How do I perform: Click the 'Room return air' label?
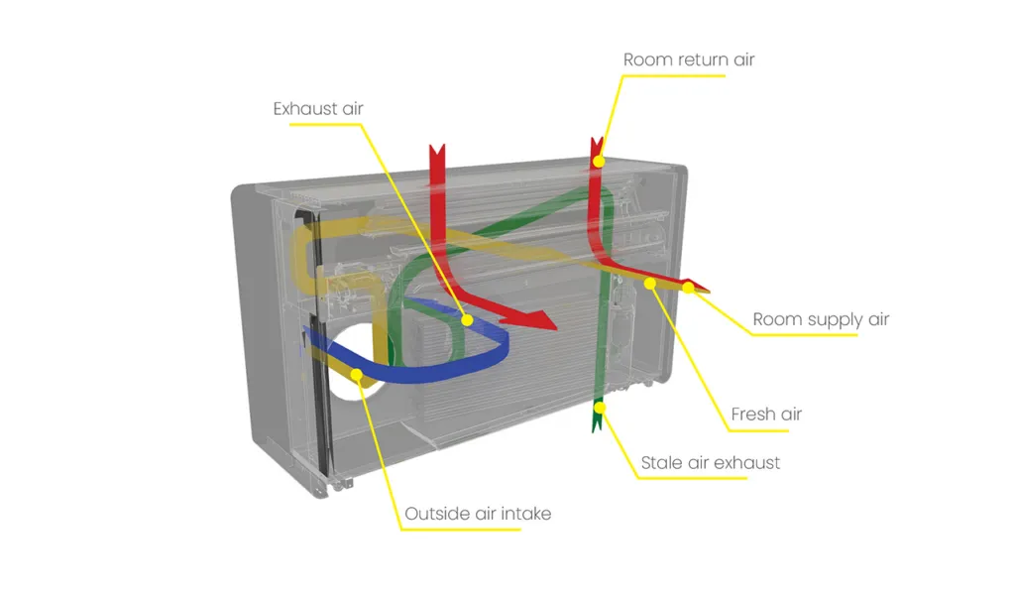(x=689, y=59)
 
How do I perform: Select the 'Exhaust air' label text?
(x=318, y=109)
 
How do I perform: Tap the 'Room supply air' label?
(x=821, y=320)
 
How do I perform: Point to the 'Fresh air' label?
(x=766, y=414)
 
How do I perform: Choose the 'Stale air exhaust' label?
(x=710, y=463)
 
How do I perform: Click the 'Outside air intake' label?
(x=478, y=514)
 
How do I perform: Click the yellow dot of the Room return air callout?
(x=599, y=161)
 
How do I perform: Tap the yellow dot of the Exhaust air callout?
(x=467, y=320)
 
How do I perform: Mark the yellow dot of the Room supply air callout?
(x=689, y=287)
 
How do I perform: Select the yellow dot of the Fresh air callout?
(x=650, y=283)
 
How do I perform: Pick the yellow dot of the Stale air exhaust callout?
(x=600, y=408)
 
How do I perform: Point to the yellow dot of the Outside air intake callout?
(x=356, y=374)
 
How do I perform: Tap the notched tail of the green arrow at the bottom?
(x=598, y=424)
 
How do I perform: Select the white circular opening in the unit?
(x=353, y=363)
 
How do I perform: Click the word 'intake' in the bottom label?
(x=526, y=514)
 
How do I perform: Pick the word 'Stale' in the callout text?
(x=661, y=463)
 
